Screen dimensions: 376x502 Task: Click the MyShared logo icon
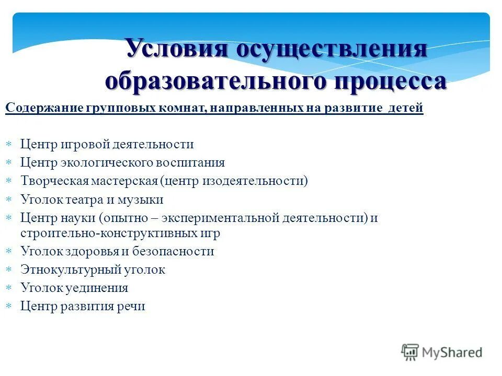click(x=410, y=352)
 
